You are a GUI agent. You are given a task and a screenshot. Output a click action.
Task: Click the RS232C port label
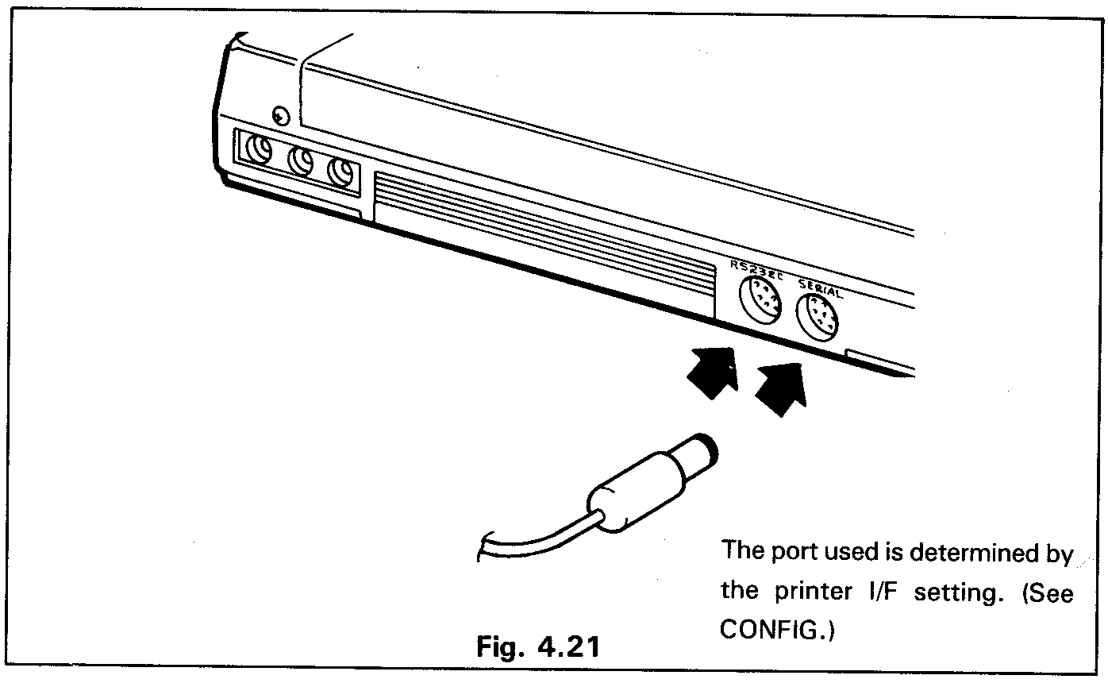(756, 270)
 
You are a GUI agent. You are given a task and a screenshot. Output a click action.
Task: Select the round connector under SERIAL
(818, 321)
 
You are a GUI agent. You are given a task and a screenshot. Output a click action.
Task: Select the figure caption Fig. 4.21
(537, 646)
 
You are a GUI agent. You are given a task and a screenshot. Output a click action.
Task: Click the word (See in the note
(1041, 592)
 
